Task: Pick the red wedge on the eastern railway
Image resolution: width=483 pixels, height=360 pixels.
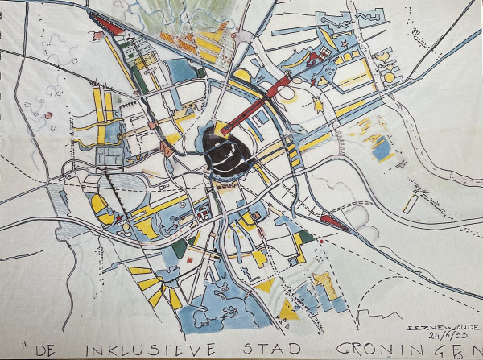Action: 332,217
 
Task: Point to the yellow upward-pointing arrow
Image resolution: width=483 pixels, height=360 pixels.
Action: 317,104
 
